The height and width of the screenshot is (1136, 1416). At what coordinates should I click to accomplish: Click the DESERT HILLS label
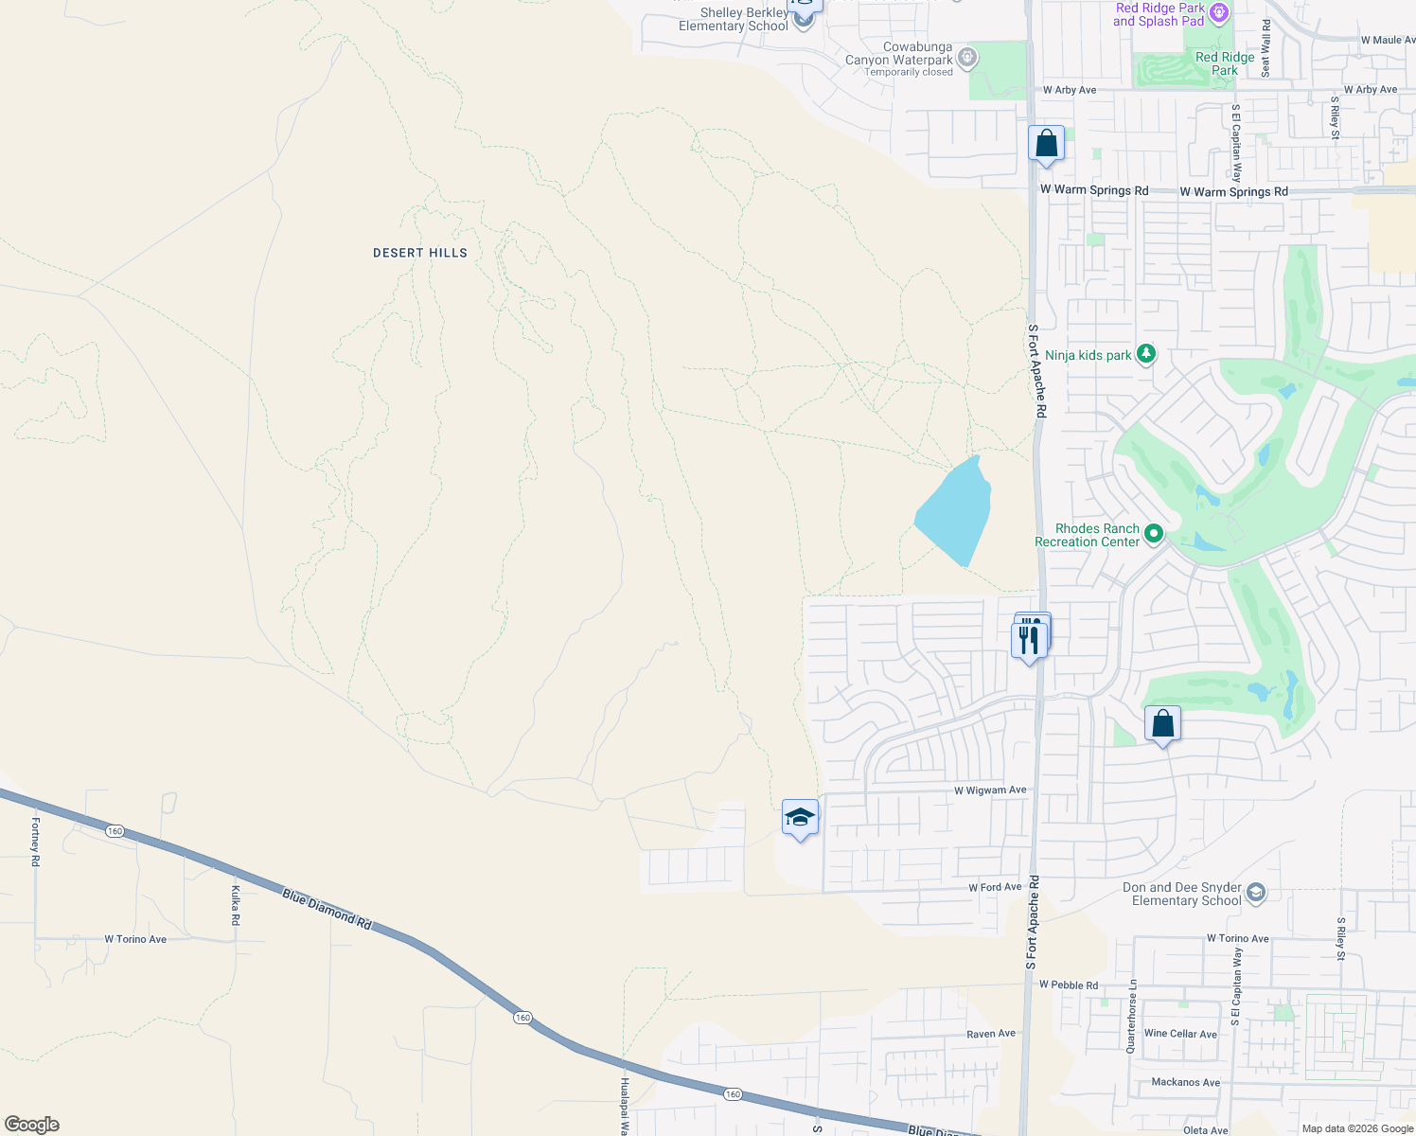[420, 253]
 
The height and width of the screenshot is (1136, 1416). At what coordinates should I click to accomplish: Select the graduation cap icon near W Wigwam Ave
[800, 818]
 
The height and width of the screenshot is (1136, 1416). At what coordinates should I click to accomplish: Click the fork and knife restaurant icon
[1029, 640]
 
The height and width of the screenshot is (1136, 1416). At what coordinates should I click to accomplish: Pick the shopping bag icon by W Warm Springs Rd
[1046, 144]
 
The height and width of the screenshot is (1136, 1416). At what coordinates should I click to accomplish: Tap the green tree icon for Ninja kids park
[1146, 354]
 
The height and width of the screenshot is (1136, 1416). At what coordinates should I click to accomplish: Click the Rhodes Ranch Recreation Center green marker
[1153, 534]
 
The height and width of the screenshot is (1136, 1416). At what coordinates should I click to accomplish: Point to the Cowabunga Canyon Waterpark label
[898, 59]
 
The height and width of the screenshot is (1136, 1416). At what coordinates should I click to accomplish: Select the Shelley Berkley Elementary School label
[734, 19]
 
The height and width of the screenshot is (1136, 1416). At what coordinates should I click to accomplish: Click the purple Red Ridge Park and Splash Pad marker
[1219, 13]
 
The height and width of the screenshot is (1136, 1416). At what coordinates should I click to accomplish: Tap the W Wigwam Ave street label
[990, 790]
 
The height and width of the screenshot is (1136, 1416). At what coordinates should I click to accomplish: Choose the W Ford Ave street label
[995, 888]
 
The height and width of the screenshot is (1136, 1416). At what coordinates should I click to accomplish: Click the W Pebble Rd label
[1069, 985]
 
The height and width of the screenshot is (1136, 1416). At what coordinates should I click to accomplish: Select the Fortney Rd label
[35, 842]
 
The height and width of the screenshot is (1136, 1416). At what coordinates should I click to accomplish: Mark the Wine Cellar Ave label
[1180, 1034]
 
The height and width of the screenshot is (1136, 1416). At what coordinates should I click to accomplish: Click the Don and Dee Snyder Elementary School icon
[1256, 893]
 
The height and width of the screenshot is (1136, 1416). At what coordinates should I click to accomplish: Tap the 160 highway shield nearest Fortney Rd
[115, 831]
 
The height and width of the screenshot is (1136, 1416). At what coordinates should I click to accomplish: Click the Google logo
[31, 1125]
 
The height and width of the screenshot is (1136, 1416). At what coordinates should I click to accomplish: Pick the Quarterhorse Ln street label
[1132, 1017]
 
